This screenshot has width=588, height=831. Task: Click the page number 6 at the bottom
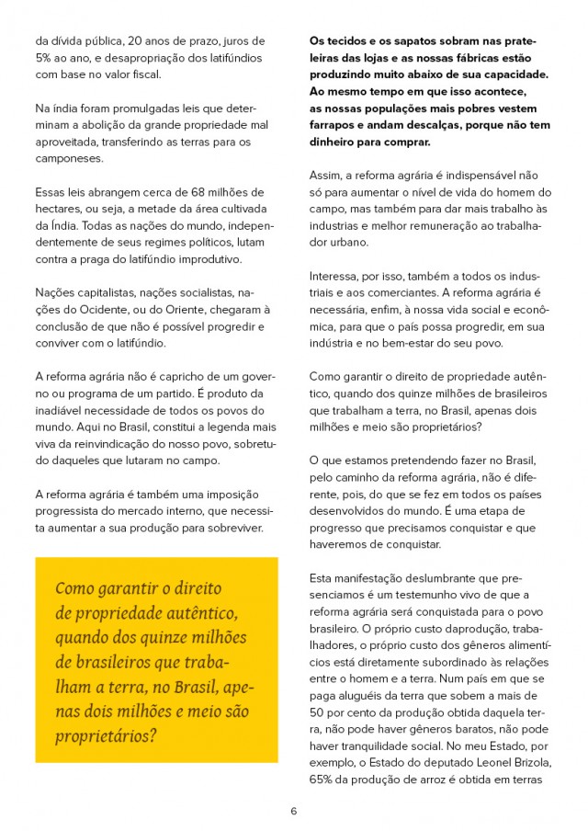point(293,811)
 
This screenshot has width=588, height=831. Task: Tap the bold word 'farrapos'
point(336,125)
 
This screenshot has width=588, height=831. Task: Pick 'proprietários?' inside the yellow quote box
point(106,737)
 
